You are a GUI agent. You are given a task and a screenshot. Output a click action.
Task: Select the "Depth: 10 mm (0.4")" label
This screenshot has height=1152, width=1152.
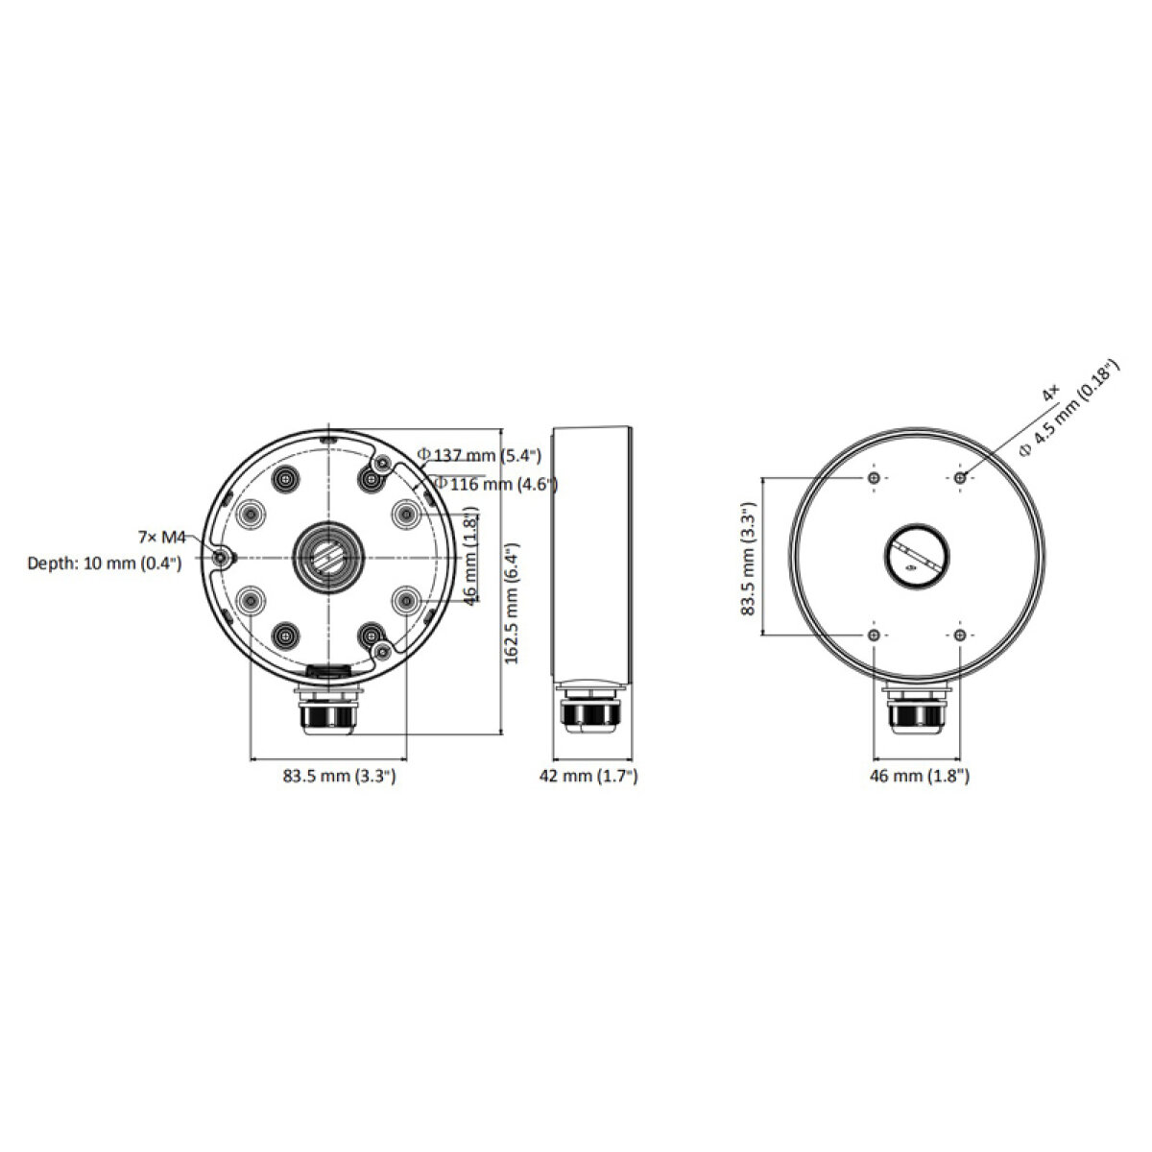(x=105, y=564)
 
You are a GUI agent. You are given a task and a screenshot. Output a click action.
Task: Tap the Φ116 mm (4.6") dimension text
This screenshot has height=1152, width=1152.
(x=495, y=484)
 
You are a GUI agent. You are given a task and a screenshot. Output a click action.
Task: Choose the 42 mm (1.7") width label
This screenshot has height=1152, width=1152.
(x=589, y=776)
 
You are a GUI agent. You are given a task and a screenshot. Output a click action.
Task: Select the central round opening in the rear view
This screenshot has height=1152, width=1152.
(x=915, y=556)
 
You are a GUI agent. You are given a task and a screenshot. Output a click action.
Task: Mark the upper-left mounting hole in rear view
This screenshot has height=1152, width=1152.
(x=873, y=477)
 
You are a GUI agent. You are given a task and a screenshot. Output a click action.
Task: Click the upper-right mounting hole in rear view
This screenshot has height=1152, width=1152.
(x=959, y=477)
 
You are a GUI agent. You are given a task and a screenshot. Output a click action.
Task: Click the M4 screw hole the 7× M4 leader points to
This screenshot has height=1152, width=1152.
(x=221, y=558)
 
